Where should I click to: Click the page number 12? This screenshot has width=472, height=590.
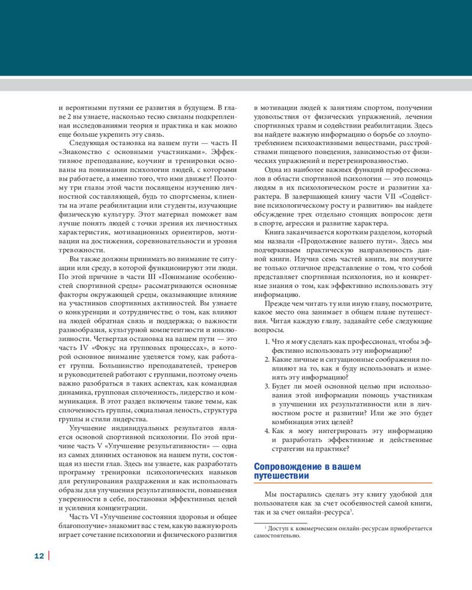(39, 556)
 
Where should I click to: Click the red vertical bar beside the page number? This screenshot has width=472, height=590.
(48, 556)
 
